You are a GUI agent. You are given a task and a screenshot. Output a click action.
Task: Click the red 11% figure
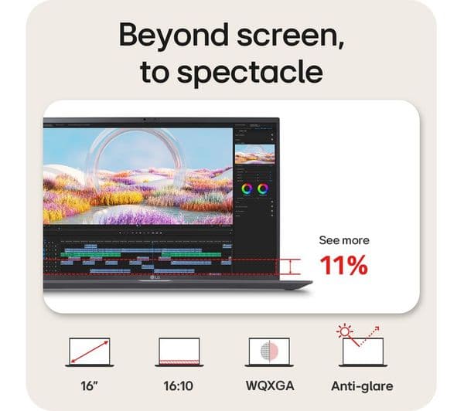coord(343,266)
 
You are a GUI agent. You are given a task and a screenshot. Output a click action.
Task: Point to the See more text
coord(343,240)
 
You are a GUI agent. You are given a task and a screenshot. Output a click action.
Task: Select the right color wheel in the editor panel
coord(263,188)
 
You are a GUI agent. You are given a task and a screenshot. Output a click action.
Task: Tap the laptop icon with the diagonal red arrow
coord(90,352)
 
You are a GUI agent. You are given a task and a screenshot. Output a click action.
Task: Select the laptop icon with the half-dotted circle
coord(269,352)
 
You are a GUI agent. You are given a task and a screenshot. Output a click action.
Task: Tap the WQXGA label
coord(269,386)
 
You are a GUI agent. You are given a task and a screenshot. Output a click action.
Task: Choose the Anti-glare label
coord(361,386)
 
